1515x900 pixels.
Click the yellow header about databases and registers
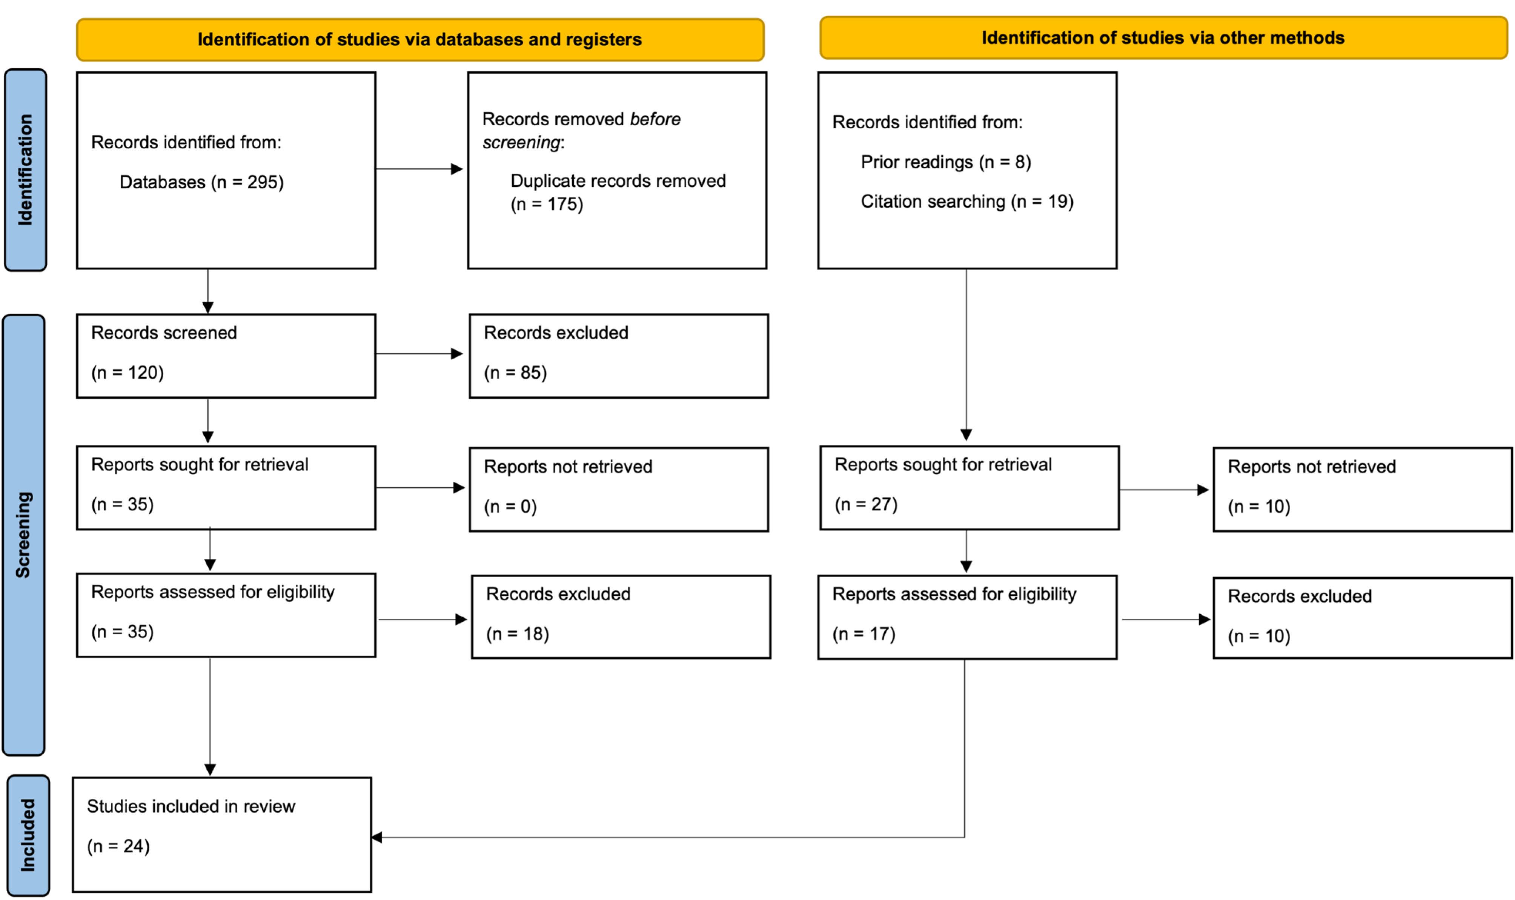click(x=420, y=39)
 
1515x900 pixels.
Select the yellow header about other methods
click(x=1163, y=38)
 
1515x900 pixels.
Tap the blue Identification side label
click(x=25, y=170)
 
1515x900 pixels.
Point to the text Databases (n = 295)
click(x=202, y=182)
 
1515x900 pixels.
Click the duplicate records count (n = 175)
click(x=547, y=204)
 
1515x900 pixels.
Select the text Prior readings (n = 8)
click(x=946, y=162)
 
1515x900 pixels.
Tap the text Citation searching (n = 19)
click(x=967, y=201)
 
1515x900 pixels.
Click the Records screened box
click(x=226, y=356)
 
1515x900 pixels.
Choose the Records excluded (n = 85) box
click(x=619, y=356)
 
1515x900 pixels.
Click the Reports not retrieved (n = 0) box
click(x=619, y=489)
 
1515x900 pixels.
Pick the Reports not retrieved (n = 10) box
click(x=1362, y=489)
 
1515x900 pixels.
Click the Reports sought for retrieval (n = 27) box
click(x=970, y=488)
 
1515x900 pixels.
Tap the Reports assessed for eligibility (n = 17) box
click(x=967, y=617)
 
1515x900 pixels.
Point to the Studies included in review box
click(x=222, y=835)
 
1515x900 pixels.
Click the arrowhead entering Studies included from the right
click(x=376, y=838)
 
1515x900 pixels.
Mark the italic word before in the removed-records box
click(x=655, y=119)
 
